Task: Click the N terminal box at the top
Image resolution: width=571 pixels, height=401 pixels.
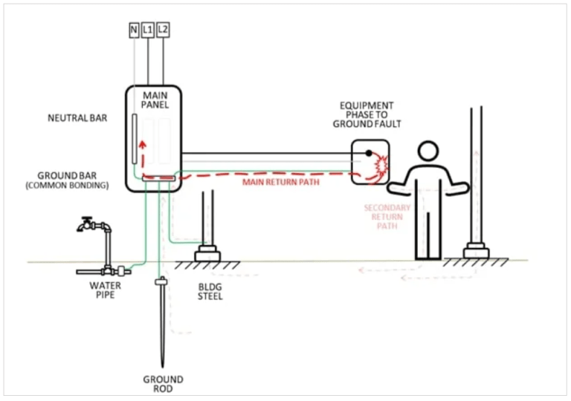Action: point(134,31)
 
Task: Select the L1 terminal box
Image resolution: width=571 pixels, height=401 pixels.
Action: point(148,31)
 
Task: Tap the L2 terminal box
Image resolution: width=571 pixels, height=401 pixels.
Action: point(163,31)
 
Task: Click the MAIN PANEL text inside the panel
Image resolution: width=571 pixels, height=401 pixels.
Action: point(155,100)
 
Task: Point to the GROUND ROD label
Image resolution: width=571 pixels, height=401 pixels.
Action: point(163,385)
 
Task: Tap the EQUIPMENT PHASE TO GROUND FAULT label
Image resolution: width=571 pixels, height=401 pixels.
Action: point(367,114)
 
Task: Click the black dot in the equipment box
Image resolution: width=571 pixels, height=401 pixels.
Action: point(368,154)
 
